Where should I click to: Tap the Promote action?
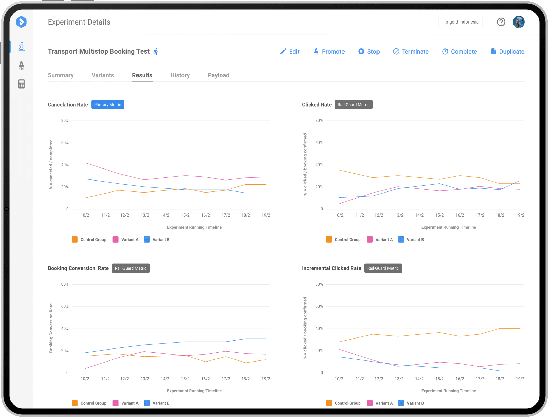point(329,52)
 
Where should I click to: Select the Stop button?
point(369,52)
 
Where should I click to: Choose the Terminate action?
point(411,52)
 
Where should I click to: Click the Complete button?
point(460,52)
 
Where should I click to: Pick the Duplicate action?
point(507,52)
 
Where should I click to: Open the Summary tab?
point(61,75)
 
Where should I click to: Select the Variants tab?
point(103,75)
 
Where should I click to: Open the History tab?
point(180,75)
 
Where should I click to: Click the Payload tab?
point(219,75)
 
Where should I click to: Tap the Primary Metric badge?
point(108,105)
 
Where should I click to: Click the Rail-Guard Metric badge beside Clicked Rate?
point(353,105)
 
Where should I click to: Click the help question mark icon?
point(501,22)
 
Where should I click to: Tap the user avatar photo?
point(519,22)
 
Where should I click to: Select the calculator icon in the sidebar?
point(21,84)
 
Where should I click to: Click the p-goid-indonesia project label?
point(462,22)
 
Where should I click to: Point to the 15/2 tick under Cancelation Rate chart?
point(185,215)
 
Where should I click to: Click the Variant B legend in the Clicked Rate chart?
point(411,240)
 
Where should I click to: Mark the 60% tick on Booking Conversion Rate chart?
point(65,306)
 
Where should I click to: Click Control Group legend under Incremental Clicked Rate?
point(343,403)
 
